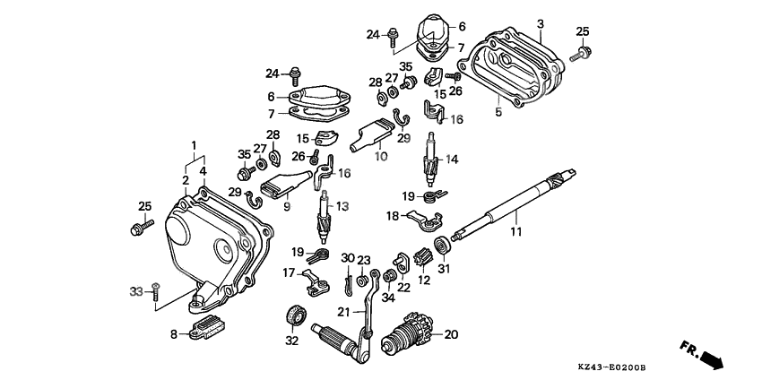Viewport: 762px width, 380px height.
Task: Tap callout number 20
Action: coord(450,335)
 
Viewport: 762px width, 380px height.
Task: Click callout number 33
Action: coord(136,290)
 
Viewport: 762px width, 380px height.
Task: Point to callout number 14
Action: coord(452,160)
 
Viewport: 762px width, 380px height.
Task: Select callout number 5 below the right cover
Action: coord(499,113)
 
